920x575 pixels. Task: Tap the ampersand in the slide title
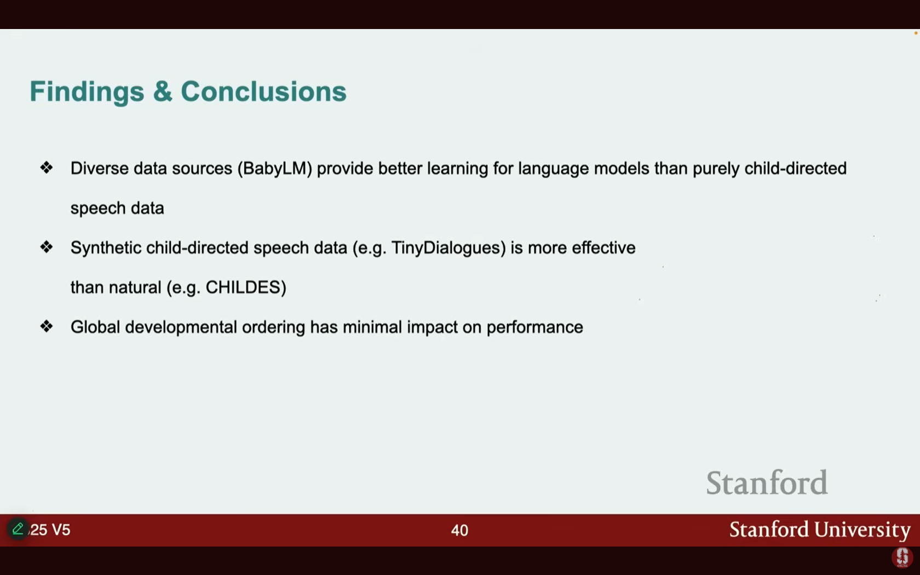pos(163,91)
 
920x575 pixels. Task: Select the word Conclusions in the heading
pos(264,91)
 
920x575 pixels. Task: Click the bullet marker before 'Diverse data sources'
pos(47,168)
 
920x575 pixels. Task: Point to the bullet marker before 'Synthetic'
pos(47,247)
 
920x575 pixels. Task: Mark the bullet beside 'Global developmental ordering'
pos(47,326)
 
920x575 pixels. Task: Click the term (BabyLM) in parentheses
pos(275,169)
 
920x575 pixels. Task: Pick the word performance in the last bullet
pos(534,328)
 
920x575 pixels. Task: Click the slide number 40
pos(459,530)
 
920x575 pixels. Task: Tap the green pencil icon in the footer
pos(18,528)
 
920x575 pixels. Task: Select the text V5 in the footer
pos(61,530)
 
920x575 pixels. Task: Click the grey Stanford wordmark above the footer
pos(767,482)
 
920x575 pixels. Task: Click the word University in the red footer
pos(862,530)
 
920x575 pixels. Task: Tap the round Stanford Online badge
pos(902,557)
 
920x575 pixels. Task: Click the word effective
pos(603,248)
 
